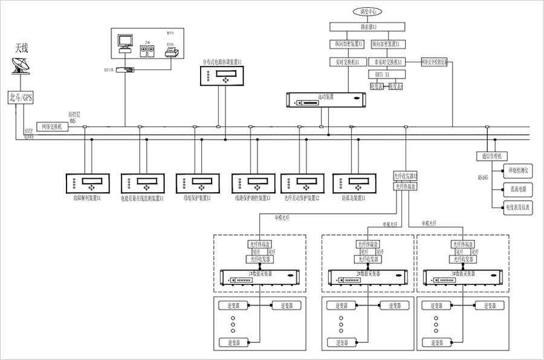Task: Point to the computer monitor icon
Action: coord(125,42)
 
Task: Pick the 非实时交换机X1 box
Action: coord(388,62)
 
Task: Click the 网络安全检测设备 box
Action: coord(433,62)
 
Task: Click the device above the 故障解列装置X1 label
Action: coord(87,183)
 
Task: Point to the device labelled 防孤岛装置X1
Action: coord(353,183)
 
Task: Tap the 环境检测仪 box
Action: coord(518,171)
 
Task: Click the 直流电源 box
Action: coord(518,189)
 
